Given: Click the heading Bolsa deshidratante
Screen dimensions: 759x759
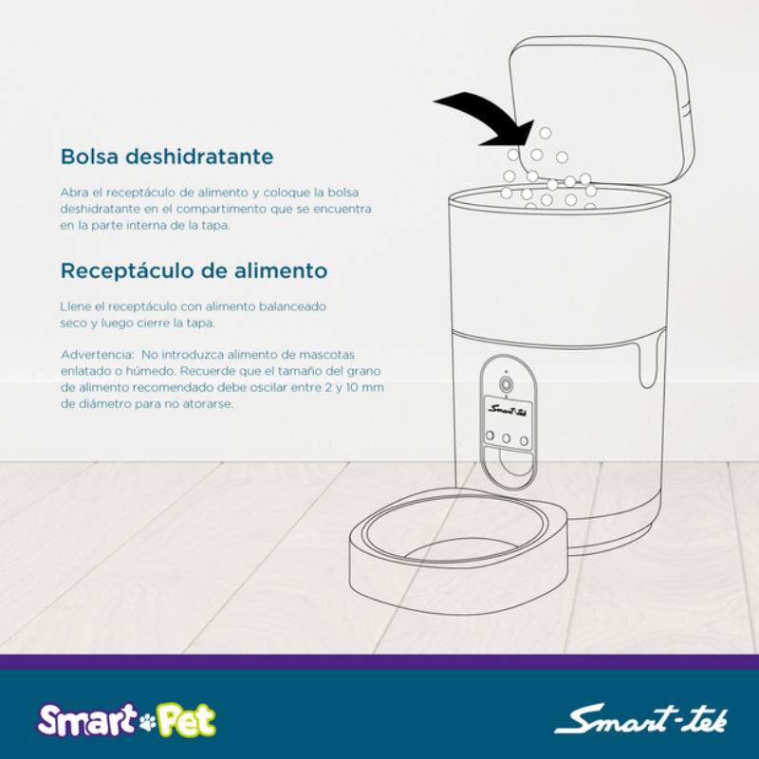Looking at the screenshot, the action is click(167, 157).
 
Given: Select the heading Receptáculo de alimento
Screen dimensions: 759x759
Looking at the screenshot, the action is click(194, 270).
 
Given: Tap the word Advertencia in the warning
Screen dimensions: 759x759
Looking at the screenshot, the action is click(98, 355).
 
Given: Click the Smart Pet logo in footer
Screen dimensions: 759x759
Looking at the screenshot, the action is click(126, 720).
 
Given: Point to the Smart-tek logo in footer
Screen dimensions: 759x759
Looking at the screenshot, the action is click(640, 719).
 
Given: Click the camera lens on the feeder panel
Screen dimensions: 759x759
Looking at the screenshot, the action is click(506, 384).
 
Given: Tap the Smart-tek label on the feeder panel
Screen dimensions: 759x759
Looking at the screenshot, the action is click(509, 410).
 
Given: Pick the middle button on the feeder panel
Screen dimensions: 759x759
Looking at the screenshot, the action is click(507, 438).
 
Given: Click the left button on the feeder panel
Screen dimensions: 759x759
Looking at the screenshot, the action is click(490, 435).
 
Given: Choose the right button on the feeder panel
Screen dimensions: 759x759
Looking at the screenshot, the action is click(524, 441).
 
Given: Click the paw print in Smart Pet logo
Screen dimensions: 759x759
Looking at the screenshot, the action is click(148, 722).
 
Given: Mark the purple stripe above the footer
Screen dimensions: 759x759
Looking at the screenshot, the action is click(379, 662).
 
